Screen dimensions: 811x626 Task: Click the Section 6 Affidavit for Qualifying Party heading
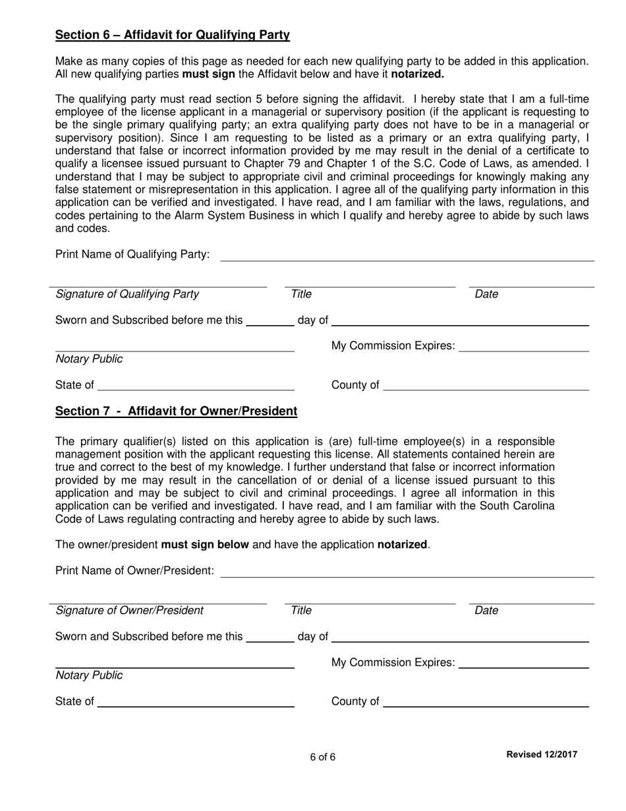point(172,35)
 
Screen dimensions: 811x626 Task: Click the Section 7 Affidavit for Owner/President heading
point(176,411)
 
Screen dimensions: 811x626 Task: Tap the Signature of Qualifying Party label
point(127,294)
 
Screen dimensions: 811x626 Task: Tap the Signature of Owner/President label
point(130,611)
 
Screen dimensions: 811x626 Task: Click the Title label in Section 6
point(301,294)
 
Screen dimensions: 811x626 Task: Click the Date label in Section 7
point(486,611)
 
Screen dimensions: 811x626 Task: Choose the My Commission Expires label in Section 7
point(393,662)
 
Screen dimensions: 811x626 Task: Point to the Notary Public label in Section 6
point(89,359)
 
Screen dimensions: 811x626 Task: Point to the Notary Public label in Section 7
point(89,676)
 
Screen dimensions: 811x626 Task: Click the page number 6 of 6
point(323,757)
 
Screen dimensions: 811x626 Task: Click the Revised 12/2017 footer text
point(541,754)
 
